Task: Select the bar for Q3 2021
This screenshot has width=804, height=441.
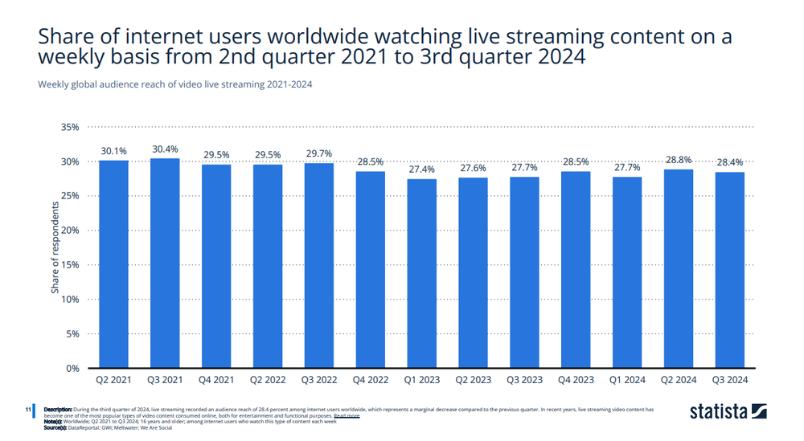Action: tap(165, 263)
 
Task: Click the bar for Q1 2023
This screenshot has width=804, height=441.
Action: tap(422, 273)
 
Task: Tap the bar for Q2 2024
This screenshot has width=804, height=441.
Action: tap(679, 268)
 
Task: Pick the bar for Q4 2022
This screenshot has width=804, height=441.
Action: tap(371, 269)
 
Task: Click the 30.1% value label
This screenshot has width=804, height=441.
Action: tap(113, 151)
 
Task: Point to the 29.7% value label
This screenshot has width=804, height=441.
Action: tap(319, 153)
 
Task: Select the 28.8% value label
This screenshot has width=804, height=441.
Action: tap(679, 160)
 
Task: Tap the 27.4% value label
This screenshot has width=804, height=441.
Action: tap(422, 169)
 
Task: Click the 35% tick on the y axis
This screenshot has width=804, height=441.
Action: tap(70, 127)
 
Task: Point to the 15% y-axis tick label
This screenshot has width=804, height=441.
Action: tap(70, 265)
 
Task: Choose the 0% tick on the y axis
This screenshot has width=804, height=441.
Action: tap(72, 368)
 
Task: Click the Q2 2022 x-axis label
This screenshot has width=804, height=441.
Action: tap(268, 380)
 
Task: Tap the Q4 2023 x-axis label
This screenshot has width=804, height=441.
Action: tap(576, 380)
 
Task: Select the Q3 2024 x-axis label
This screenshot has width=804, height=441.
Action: tap(730, 380)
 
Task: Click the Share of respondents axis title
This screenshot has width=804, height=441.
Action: tap(55, 247)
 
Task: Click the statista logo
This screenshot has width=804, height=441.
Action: tap(728, 412)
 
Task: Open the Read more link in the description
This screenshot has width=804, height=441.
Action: tap(347, 416)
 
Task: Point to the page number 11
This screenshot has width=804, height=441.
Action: tap(27, 410)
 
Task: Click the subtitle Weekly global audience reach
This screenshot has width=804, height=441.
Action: tap(175, 84)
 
